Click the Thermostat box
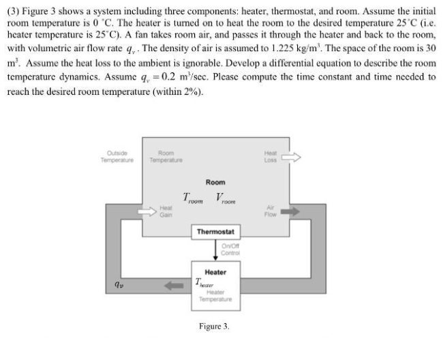[x=215, y=232]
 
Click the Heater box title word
[x=215, y=271]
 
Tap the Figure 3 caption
[x=214, y=327]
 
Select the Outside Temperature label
[x=116, y=157]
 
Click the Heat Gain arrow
[x=147, y=212]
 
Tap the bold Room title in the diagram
[x=215, y=183]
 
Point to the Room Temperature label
[x=166, y=157]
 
